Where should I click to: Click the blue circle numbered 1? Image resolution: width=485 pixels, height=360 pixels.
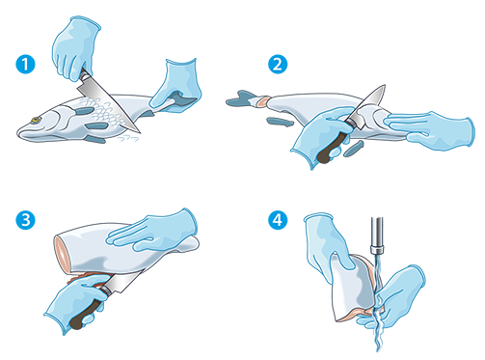coord(25,64)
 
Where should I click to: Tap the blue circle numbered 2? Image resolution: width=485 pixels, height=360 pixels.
coord(278,64)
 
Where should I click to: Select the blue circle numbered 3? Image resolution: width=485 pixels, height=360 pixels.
coord(25,220)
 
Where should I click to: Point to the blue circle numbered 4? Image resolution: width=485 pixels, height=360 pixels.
coord(278,220)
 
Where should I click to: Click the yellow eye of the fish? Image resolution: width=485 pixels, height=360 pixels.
coord(36,120)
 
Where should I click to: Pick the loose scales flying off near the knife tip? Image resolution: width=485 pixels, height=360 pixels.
coord(128,138)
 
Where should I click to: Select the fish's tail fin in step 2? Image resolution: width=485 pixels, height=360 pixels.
coord(240,99)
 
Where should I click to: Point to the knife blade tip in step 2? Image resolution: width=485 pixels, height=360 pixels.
coord(384,86)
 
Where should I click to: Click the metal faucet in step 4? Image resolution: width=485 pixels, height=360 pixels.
coord(377,235)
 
